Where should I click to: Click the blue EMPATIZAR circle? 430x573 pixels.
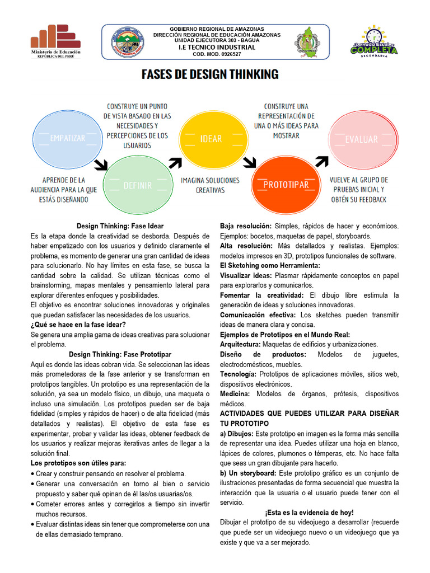pyautogui.click(x=67, y=137)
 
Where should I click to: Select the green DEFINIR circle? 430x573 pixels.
pyautogui.click(x=137, y=185)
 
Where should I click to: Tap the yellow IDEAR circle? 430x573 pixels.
pyautogui.click(x=211, y=139)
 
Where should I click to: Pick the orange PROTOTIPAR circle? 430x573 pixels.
pyautogui.click(x=286, y=184)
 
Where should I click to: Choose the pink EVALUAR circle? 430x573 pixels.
pyautogui.click(x=361, y=139)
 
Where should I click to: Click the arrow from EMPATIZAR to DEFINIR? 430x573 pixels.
pyautogui.click(x=101, y=164)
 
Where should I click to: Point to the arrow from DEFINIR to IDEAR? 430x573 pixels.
pyautogui.click(x=175, y=162)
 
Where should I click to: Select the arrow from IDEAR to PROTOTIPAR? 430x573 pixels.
pyautogui.click(x=249, y=163)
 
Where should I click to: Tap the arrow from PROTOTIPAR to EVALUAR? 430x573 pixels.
pyautogui.click(x=322, y=161)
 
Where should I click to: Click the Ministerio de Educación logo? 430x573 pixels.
pyautogui.click(x=55, y=41)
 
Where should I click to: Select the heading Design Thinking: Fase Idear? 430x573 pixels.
pyautogui.click(x=120, y=226)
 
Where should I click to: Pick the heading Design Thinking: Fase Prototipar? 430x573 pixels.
pyautogui.click(x=120, y=354)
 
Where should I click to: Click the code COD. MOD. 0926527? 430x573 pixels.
pyautogui.click(x=217, y=54)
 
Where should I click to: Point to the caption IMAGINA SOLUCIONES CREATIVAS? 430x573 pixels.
pyautogui.click(x=210, y=185)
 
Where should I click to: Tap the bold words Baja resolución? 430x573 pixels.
pyautogui.click(x=246, y=226)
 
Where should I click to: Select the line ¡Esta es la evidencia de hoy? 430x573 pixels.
pyautogui.click(x=309, y=512)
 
